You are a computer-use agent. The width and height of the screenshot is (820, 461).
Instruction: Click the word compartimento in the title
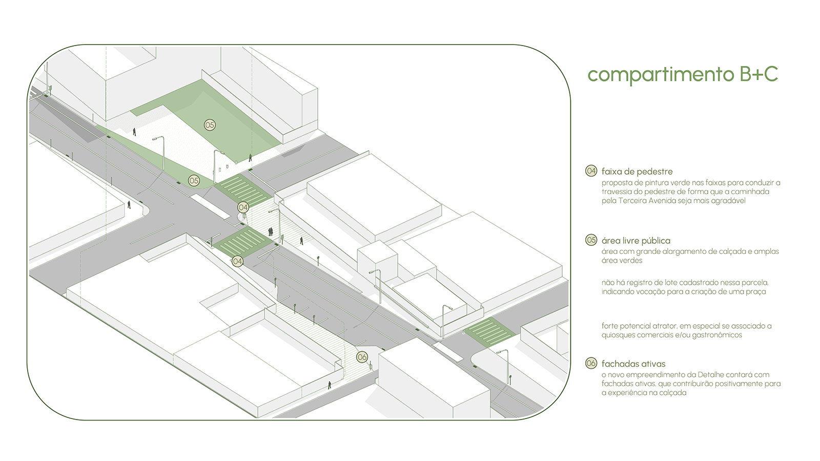coord(661,75)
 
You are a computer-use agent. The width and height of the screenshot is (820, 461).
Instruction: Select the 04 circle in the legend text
coord(591,171)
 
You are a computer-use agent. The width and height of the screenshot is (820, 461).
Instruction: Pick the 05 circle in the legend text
coord(591,240)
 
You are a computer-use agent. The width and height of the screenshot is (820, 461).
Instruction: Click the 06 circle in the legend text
coord(591,363)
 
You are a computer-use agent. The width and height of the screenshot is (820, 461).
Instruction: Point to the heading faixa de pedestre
coord(637,172)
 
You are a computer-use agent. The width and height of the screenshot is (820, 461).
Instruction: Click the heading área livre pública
coord(635,241)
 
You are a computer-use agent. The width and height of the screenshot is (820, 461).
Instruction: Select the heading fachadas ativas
coord(633,364)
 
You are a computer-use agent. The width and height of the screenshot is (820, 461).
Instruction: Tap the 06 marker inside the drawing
coord(362,357)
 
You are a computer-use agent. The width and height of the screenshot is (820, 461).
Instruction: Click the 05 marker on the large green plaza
coord(210,125)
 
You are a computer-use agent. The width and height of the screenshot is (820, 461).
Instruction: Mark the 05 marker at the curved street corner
coord(194,180)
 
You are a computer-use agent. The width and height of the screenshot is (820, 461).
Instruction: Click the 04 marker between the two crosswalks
coord(243,207)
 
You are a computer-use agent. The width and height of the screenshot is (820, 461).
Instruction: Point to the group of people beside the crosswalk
coord(270,232)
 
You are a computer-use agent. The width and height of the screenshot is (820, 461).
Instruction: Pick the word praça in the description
coord(756,291)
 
